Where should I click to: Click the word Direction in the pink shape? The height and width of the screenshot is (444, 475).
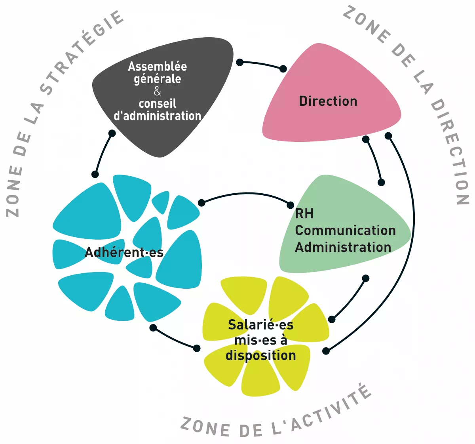328,101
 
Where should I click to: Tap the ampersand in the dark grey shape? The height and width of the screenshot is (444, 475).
158,91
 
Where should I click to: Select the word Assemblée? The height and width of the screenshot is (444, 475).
158,66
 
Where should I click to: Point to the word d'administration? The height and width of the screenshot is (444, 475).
158,116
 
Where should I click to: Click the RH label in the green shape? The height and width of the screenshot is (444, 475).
304,214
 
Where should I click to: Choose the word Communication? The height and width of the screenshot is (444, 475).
345,231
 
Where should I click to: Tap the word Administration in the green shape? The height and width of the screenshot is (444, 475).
343,247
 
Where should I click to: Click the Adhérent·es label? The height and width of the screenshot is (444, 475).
124,252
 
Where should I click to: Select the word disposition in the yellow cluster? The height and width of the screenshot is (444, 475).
260,355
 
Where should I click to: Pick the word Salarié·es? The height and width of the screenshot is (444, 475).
260,325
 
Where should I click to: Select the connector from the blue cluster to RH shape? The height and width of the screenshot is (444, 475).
245,194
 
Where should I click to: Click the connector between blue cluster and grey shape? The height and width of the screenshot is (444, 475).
102,153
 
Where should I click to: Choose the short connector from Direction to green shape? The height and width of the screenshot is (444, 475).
374,160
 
